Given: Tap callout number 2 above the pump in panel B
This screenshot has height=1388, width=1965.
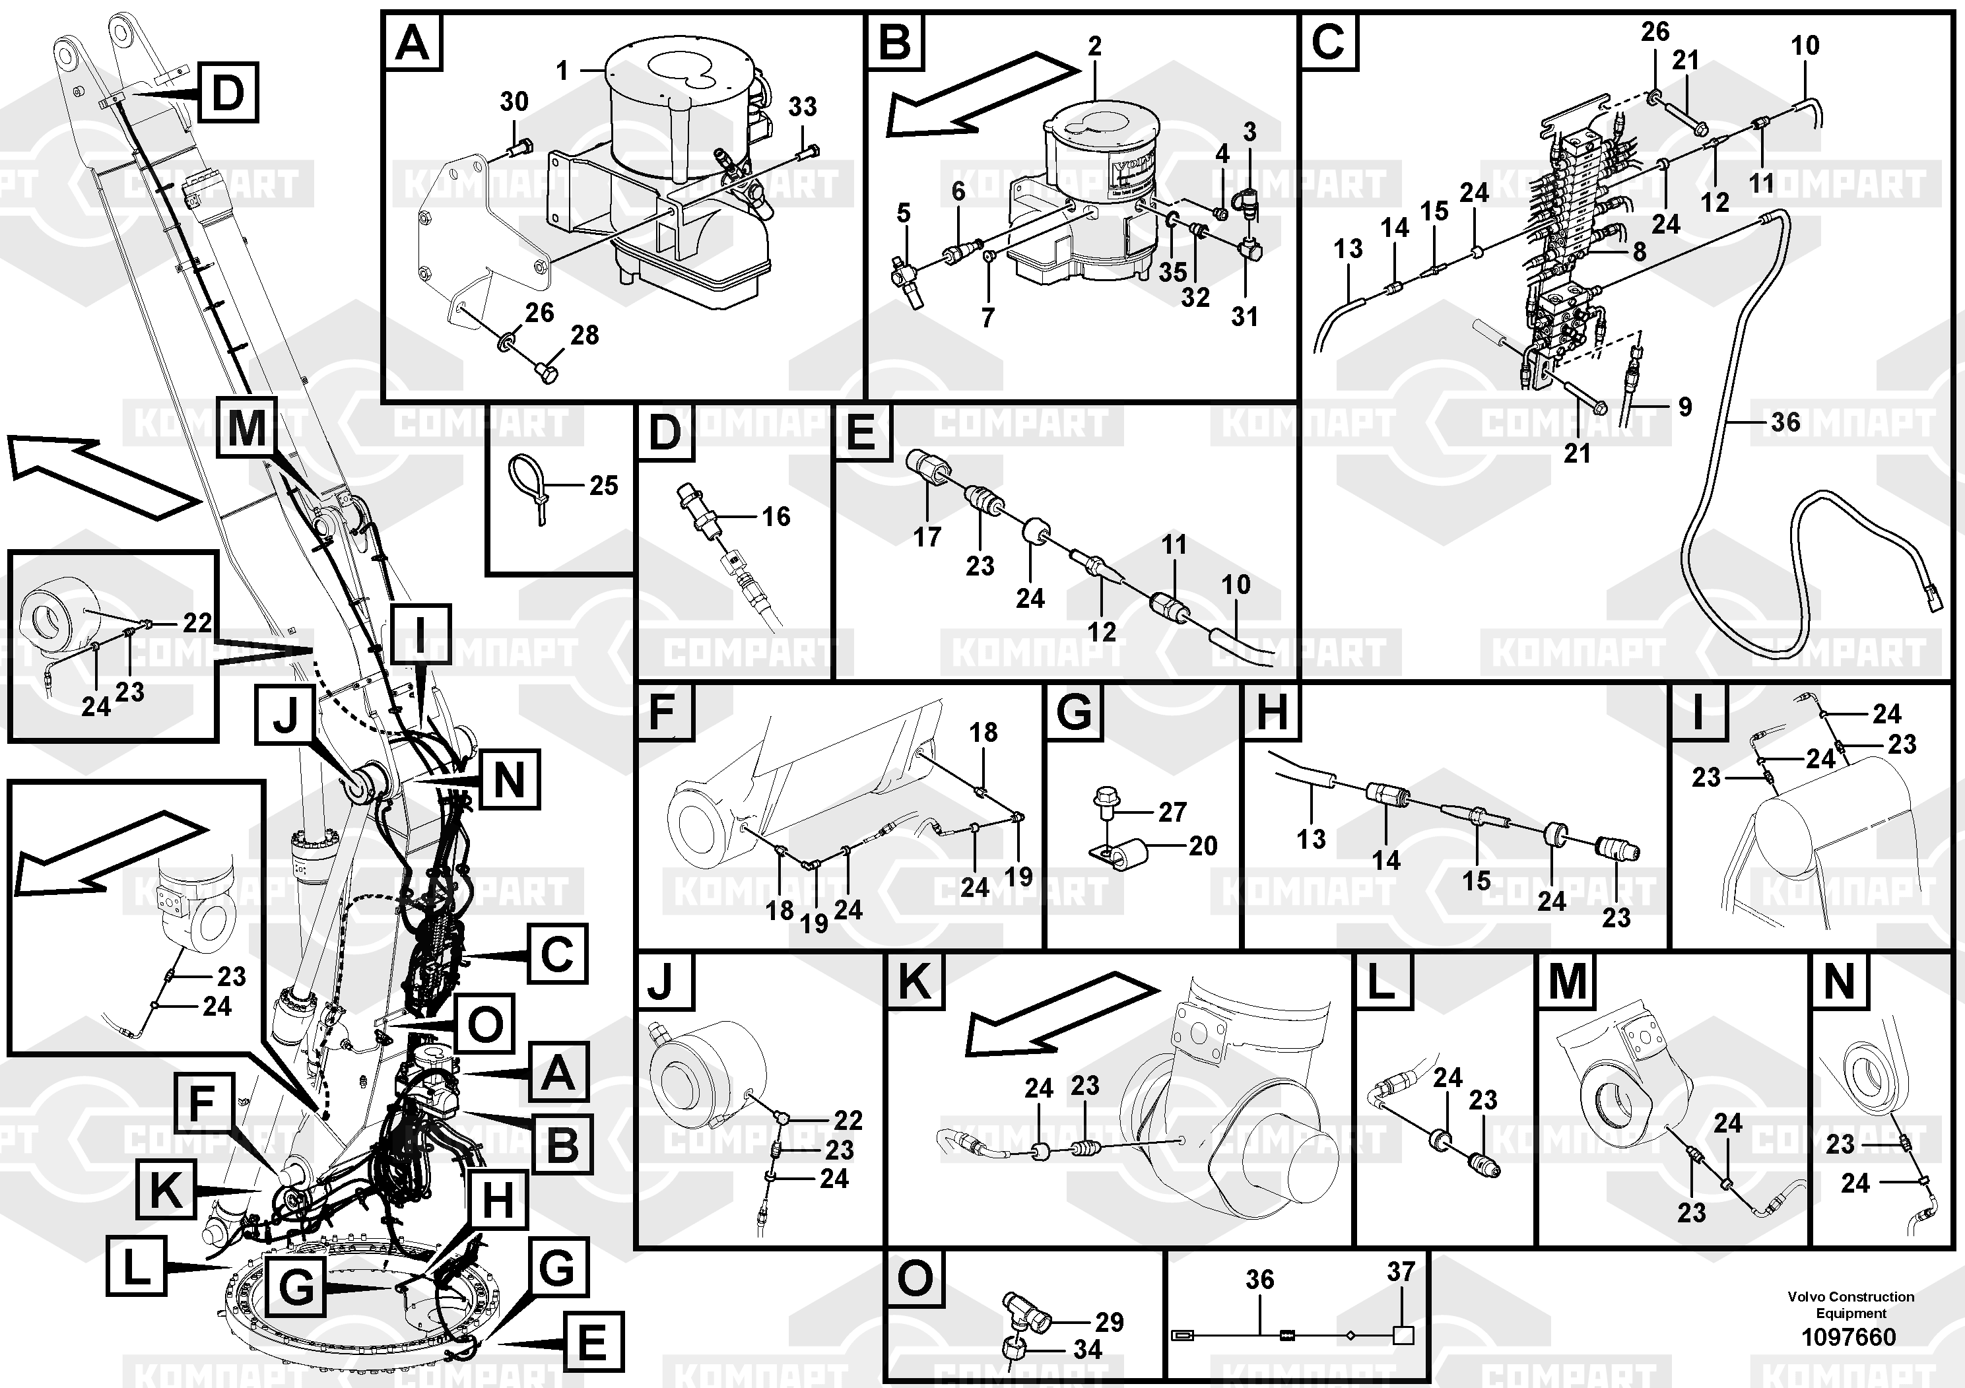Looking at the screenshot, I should pos(1094,46).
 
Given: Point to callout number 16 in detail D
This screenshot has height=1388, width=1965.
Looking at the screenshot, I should pos(776,516).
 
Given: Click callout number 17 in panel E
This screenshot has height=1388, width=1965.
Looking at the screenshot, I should pos(927,537).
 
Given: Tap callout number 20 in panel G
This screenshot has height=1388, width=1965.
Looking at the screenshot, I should pos(1203,845).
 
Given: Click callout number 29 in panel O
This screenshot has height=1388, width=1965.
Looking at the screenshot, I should pos(1109,1322).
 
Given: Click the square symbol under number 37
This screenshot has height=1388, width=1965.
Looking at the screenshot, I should pos(1403,1335).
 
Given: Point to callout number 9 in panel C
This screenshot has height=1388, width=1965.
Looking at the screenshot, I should pos(1684,407).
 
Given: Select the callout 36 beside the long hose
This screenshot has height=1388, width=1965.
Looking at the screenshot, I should pos(1785,422).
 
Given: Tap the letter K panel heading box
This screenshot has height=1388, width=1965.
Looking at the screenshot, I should pos(914,981).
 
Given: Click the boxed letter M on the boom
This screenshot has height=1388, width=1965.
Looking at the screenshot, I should pos(246,426).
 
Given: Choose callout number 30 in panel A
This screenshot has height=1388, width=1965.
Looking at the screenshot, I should pos(514,102).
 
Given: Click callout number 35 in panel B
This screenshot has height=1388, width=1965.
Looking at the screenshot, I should pos(1172,271).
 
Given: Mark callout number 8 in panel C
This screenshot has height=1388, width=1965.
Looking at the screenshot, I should pos(1639,251).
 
